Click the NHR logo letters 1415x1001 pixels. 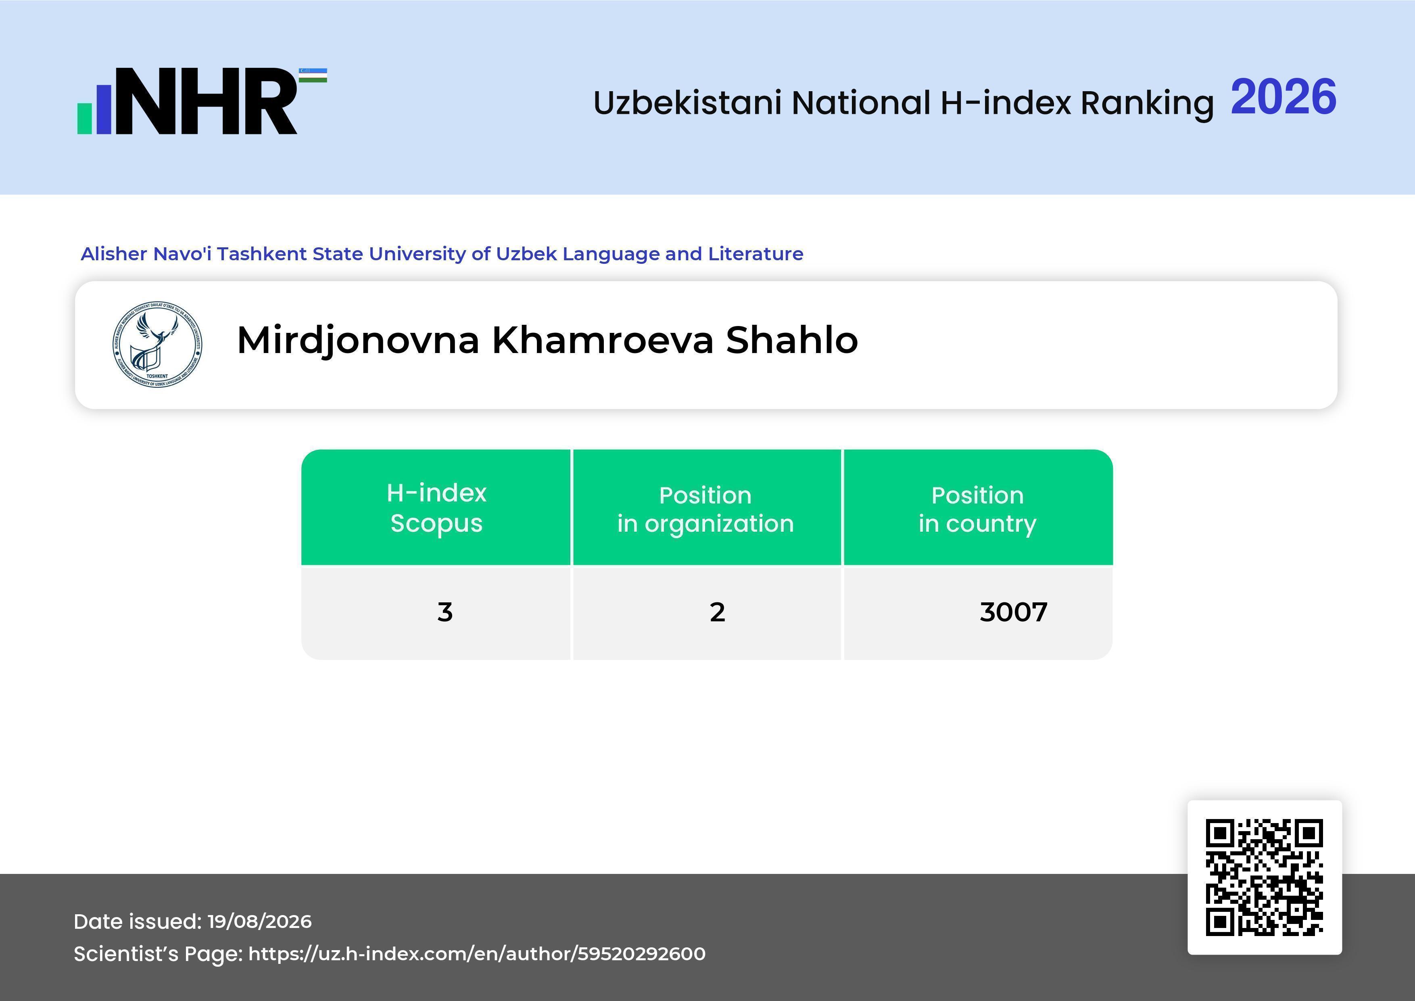[x=207, y=101]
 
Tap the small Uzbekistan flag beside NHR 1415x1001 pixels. [x=313, y=75]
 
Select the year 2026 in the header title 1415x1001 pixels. [x=1284, y=97]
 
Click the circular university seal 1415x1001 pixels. [x=157, y=345]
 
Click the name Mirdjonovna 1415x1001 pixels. [x=358, y=341]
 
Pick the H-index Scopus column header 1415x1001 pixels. [x=436, y=508]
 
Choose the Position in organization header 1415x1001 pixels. [x=705, y=509]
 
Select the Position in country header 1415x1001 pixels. [x=977, y=509]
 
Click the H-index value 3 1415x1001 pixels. [x=445, y=612]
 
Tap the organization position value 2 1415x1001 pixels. [x=717, y=612]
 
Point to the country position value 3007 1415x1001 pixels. [x=1014, y=612]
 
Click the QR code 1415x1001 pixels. [x=1265, y=877]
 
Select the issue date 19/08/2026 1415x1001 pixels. [x=259, y=922]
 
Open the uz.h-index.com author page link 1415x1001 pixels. [x=477, y=953]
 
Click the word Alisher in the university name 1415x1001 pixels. [x=114, y=254]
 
